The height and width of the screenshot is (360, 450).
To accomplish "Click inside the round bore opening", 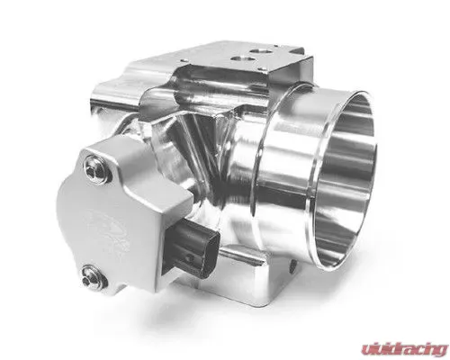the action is pyautogui.click(x=345, y=180).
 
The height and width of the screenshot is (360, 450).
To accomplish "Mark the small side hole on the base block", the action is pyautogui.click(x=292, y=265).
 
